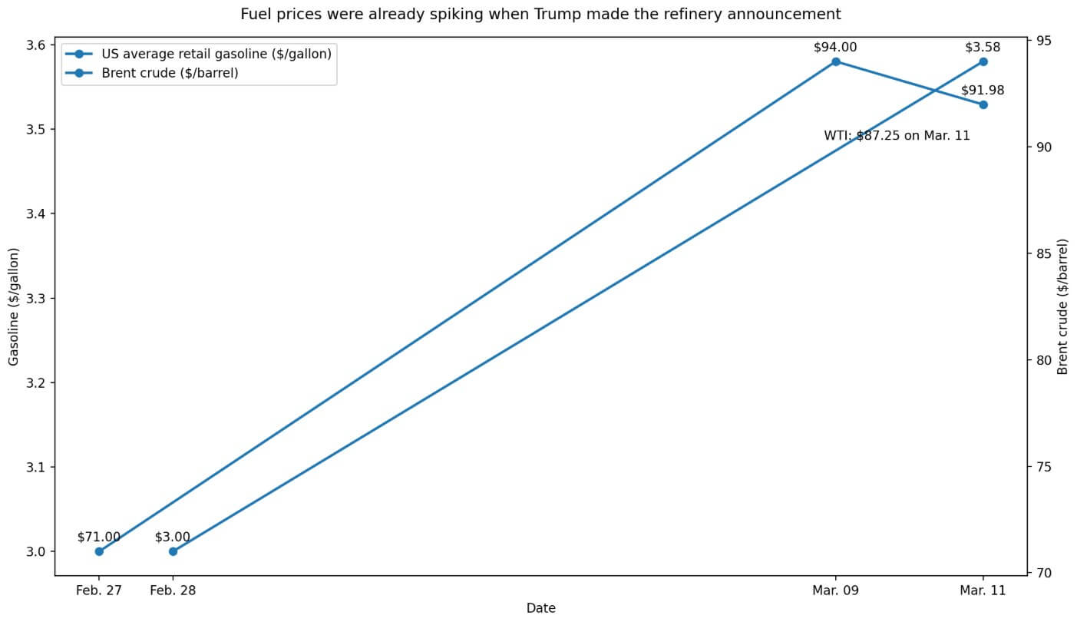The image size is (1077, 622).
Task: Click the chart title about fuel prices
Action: click(x=540, y=14)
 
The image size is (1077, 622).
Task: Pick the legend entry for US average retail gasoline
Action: click(x=216, y=54)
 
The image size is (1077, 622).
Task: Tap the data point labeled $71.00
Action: click(x=99, y=551)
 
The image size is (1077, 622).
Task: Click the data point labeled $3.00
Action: click(x=173, y=551)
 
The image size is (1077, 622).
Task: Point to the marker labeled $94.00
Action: click(x=836, y=61)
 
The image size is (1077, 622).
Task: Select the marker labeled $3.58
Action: click(x=983, y=61)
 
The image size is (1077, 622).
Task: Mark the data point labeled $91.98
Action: click(x=983, y=104)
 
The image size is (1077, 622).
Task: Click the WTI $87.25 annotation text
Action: click(x=897, y=136)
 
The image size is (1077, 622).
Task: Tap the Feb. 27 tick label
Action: click(x=99, y=591)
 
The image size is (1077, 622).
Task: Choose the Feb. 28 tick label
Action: click(x=173, y=591)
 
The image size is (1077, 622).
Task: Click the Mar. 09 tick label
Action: click(x=836, y=591)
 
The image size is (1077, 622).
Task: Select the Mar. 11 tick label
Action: click(x=983, y=591)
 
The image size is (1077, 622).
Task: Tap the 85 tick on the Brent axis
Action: click(x=1043, y=253)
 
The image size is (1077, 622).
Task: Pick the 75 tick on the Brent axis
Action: click(x=1043, y=467)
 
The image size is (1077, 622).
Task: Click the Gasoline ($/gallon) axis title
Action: click(x=14, y=306)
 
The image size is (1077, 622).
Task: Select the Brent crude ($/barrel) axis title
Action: click(x=1063, y=306)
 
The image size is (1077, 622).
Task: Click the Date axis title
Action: click(x=540, y=608)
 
